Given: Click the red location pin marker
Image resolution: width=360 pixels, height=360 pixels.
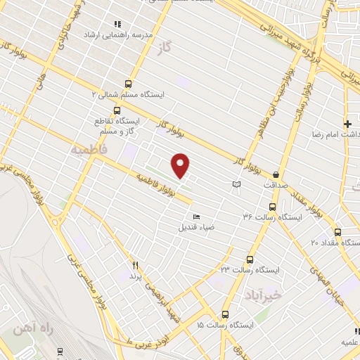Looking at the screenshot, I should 181,165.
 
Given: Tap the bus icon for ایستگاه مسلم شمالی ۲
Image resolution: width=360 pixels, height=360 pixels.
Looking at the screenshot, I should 127,82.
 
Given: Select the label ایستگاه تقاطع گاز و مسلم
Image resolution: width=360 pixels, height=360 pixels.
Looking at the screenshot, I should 117,126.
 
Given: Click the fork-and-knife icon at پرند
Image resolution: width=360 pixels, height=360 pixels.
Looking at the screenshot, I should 136,266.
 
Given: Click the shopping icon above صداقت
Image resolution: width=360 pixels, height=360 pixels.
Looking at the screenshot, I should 276,174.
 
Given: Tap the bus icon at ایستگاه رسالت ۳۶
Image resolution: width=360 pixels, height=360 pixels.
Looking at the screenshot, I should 273,207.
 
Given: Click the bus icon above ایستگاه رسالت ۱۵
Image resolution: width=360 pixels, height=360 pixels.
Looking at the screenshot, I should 225,314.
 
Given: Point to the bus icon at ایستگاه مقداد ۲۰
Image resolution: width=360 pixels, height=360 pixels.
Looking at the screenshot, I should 337,232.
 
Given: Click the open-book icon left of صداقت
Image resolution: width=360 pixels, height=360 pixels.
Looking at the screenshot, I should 236,184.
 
